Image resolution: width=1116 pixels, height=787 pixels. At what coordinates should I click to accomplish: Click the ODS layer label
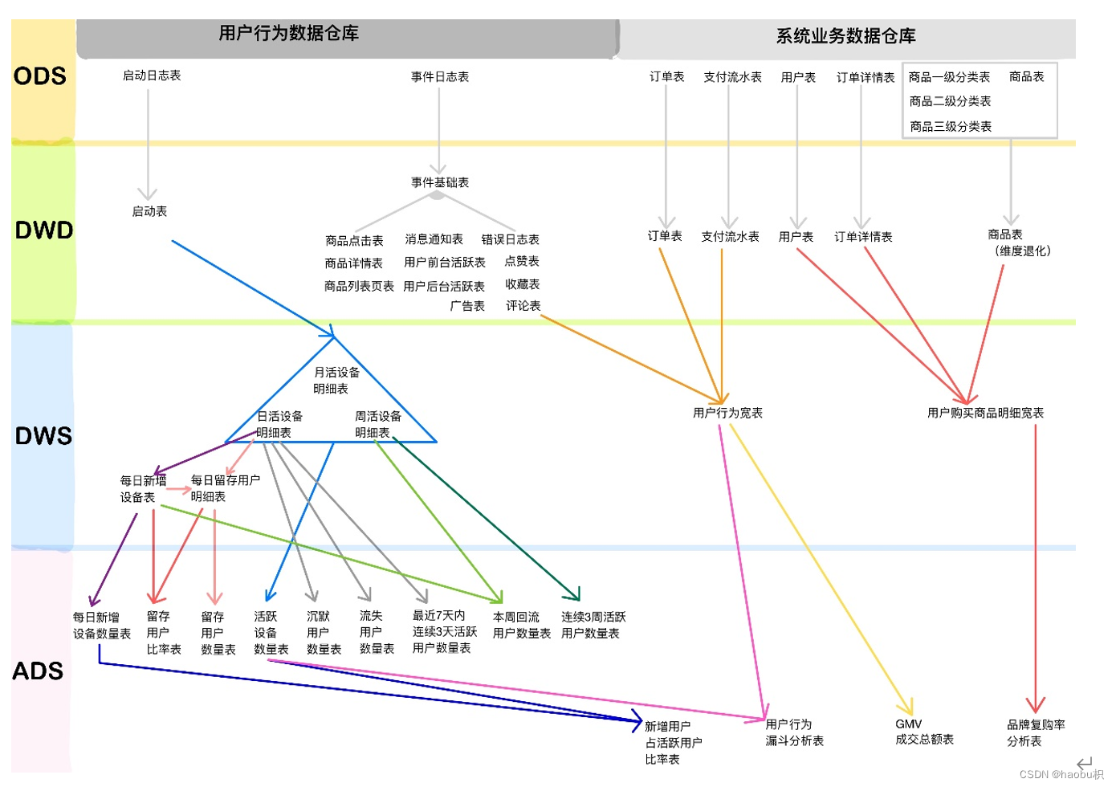pos(39,76)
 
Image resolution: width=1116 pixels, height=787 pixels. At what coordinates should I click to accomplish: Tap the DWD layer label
pos(43,230)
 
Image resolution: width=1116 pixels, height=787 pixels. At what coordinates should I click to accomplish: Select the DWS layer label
pos(43,436)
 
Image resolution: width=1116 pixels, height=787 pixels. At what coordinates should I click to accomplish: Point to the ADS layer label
pos(38,671)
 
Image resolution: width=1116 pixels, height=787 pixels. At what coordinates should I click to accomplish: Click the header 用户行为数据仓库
pos(288,34)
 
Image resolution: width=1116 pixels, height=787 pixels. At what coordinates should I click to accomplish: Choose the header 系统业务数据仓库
pos(845,36)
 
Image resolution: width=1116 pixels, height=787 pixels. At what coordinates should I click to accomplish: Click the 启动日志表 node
pos(152,75)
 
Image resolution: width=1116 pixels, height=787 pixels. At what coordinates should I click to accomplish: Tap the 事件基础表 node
pos(440,182)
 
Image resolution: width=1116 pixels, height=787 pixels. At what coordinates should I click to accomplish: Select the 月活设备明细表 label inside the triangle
pos(336,381)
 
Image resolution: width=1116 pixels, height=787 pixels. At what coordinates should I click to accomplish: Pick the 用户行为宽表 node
pos(727,413)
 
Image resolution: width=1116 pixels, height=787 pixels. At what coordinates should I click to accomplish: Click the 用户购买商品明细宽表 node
pos(985,413)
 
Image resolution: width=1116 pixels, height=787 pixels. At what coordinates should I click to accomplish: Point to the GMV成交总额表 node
pos(924,732)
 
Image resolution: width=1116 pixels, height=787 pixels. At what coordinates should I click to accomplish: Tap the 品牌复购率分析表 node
pos(1036,732)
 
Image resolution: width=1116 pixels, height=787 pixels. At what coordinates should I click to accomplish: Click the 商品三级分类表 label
pos(951,126)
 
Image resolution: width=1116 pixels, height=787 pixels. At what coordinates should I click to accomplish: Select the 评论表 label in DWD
pos(523,306)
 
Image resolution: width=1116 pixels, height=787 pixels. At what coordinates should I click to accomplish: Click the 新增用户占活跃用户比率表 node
pos(673,743)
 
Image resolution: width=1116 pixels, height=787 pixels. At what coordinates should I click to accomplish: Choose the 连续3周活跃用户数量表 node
pos(593,625)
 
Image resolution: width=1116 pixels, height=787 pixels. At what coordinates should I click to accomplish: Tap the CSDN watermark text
pos(1061,774)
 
